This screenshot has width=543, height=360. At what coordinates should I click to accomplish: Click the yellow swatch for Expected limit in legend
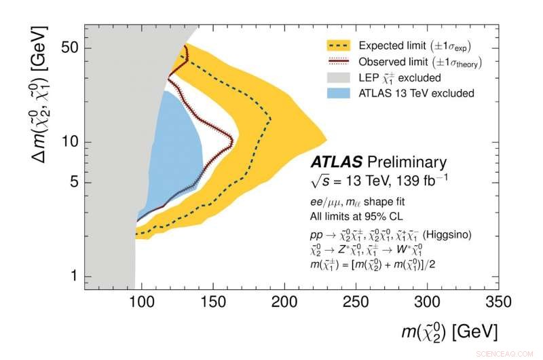[x=339, y=46]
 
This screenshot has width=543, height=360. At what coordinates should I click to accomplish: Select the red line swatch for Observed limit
[x=339, y=62]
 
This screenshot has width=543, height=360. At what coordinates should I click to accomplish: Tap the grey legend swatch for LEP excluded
[x=339, y=77]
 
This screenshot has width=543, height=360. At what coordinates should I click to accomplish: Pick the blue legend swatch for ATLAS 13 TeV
[x=339, y=93]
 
